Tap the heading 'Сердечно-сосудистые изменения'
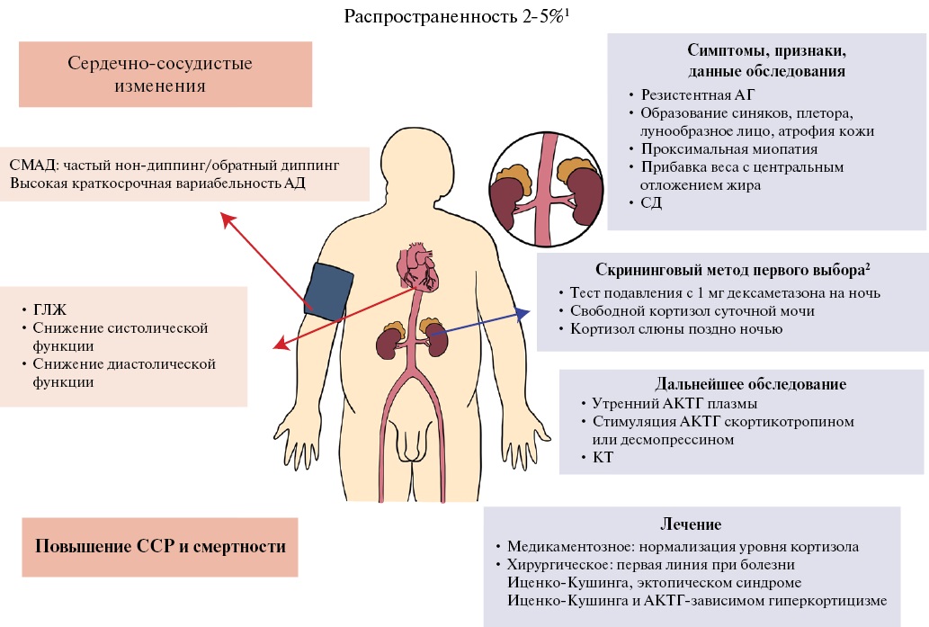coord(160,74)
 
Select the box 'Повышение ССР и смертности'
coord(160,547)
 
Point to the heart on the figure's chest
coord(417,266)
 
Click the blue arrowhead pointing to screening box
coord(523,314)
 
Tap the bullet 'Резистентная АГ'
coord(697,94)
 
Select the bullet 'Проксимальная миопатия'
coord(729,148)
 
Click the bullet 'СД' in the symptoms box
coord(651,202)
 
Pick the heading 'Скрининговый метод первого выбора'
coord(733,270)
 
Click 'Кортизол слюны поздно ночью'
coord(676,329)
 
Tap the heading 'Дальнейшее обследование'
coord(751,384)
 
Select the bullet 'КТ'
coord(603,458)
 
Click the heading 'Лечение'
coord(691,524)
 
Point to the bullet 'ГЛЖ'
coord(49,310)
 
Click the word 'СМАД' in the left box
coord(33,166)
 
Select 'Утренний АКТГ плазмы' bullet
coord(674,404)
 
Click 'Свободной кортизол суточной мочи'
coord(692,311)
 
